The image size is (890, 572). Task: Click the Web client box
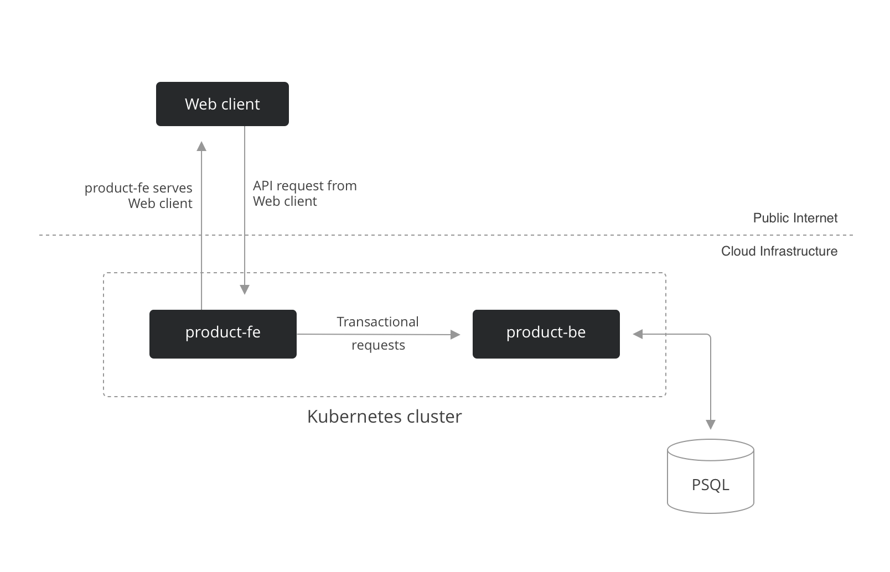coord(222,104)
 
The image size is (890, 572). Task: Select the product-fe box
coord(223,334)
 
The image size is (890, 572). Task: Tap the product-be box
coord(546,334)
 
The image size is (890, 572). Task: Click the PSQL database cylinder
coord(711,476)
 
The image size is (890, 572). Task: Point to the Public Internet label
coord(795,218)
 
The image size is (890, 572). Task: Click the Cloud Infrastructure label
coord(779,252)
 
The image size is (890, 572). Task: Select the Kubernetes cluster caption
coord(384,417)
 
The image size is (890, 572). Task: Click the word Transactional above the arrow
coord(377,322)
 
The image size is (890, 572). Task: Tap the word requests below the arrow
coord(378,345)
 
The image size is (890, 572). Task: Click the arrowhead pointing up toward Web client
coord(201,146)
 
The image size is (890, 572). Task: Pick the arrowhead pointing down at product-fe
coord(245,289)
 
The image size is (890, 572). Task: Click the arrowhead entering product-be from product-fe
coord(456,335)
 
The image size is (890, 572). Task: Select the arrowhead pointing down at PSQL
coord(711,425)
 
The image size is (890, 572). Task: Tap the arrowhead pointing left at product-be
coord(638,335)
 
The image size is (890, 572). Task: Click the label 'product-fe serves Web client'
coord(138,195)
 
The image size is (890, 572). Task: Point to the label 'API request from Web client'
coord(305,194)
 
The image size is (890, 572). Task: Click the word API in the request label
coord(263,186)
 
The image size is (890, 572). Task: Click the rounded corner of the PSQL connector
coord(709,336)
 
